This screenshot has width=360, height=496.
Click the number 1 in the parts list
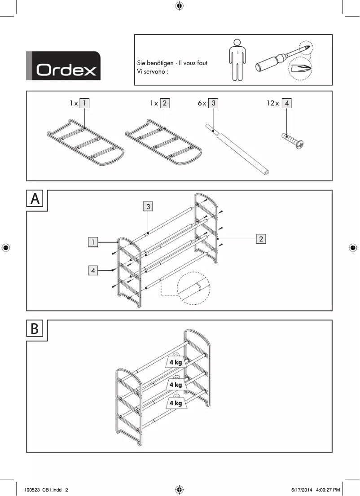(x=84, y=103)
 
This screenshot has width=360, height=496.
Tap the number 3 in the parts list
(x=213, y=103)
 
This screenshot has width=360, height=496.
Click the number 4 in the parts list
(x=287, y=103)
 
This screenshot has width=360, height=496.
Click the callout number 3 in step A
(x=148, y=206)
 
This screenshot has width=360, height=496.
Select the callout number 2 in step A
(x=261, y=238)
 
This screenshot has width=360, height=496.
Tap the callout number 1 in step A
(x=93, y=242)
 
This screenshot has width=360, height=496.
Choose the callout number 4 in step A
(x=93, y=270)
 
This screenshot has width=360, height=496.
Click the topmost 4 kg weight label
(x=176, y=362)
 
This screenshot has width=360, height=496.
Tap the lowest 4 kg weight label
(x=176, y=403)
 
